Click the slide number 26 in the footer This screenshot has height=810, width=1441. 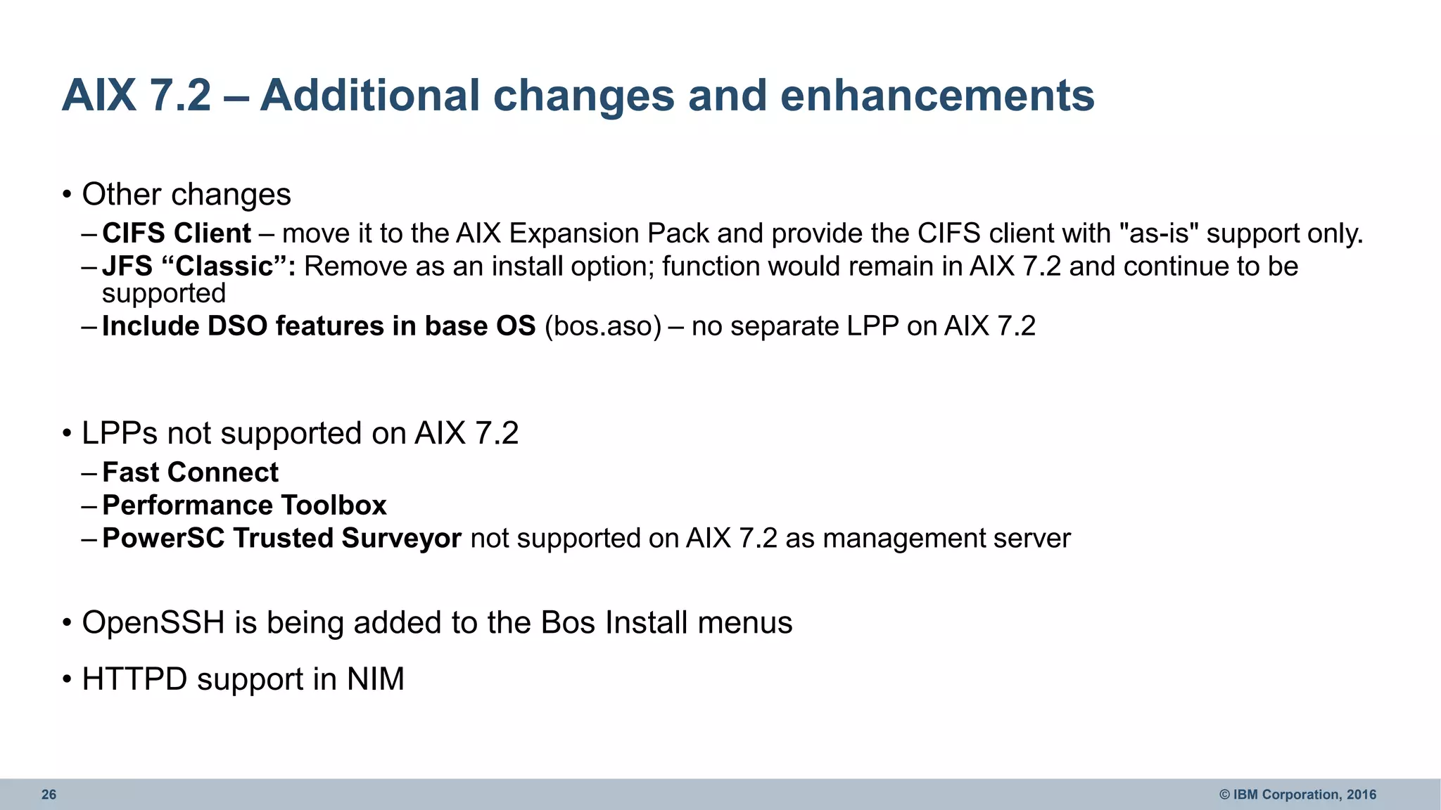49,795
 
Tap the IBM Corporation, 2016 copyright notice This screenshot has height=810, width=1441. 1297,795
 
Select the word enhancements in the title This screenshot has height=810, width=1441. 937,96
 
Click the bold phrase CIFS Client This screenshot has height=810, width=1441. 177,233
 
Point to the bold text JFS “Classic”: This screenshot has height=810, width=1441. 199,266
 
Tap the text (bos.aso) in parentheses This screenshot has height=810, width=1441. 603,326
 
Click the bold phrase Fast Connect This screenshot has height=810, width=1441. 191,472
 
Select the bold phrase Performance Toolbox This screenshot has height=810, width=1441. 244,506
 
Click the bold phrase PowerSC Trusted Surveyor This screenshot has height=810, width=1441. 281,539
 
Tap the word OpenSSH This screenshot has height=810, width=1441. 153,623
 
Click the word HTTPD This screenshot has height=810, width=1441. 134,679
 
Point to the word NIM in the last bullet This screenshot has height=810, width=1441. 375,679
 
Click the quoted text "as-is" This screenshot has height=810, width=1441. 1158,233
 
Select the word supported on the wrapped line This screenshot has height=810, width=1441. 164,294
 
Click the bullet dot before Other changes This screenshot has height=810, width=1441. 67,195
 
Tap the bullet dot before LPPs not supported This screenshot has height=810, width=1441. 67,434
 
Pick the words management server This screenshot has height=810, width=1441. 946,539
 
